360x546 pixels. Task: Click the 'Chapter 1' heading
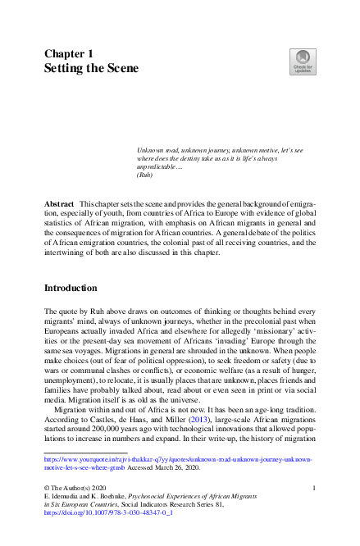tap(69, 53)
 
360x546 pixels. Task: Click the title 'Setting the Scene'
tap(91, 69)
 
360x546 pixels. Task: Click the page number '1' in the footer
tap(315, 489)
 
